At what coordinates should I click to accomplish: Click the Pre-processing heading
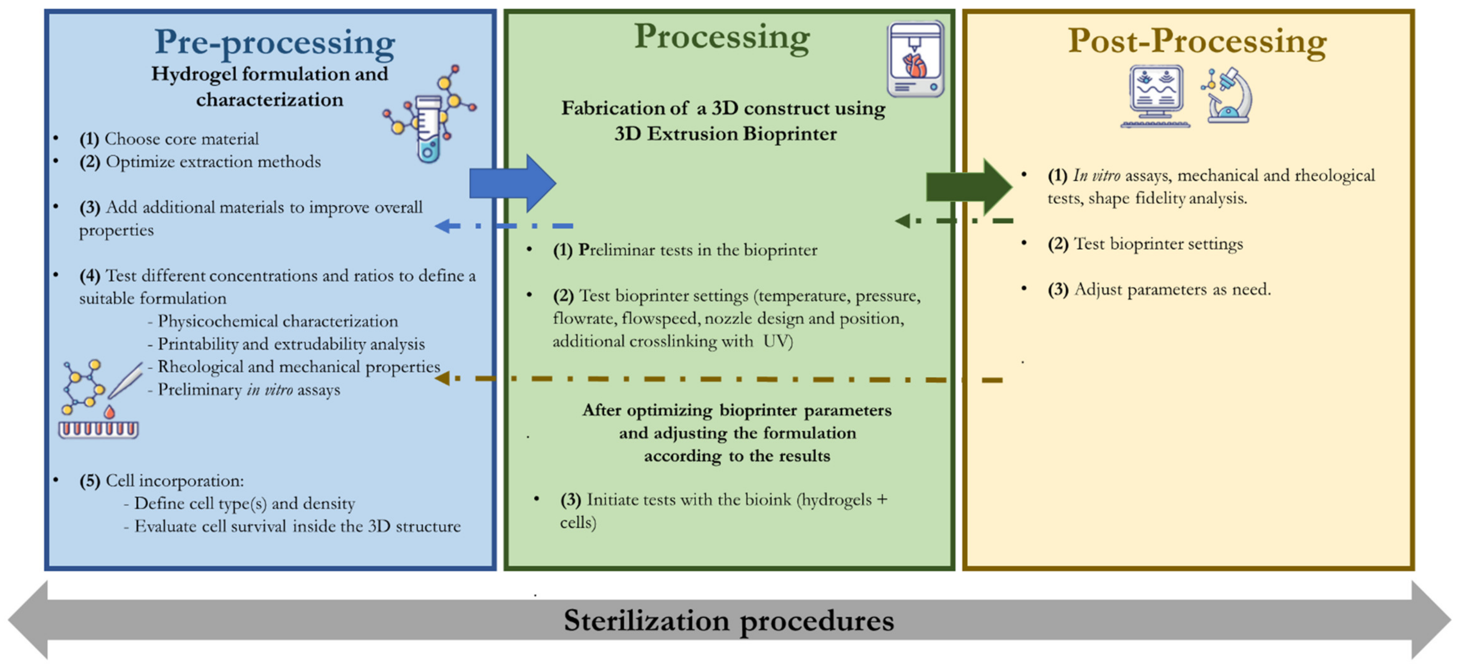pos(275,42)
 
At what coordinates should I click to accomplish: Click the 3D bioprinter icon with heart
pos(915,60)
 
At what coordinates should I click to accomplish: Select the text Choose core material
pos(181,139)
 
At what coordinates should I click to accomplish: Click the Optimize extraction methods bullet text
pos(213,162)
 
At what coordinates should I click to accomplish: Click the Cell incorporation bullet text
pos(174,481)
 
